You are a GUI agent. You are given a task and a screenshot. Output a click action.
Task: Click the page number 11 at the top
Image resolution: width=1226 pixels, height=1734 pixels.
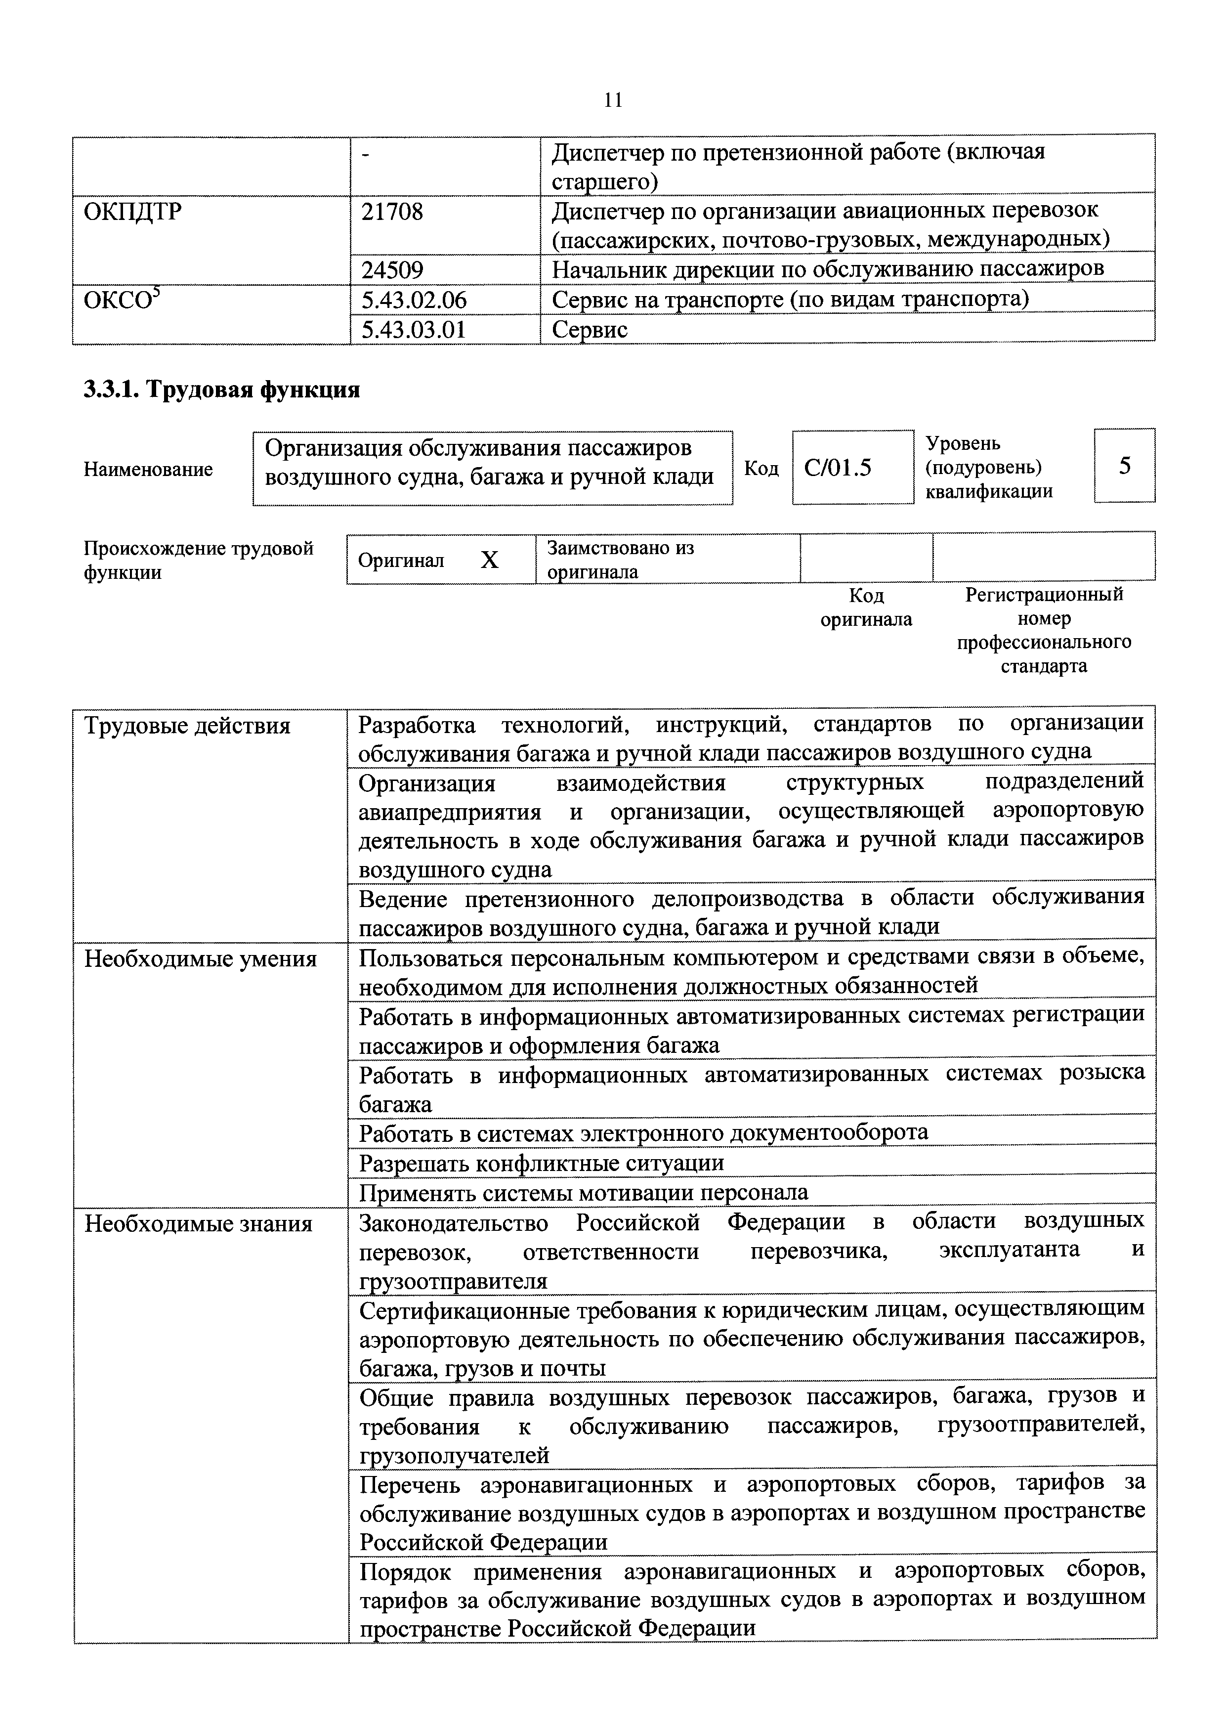613,100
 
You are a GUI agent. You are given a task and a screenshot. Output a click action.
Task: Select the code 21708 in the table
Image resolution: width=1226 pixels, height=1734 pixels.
392,212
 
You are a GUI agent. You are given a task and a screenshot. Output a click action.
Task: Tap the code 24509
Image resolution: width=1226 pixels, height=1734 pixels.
392,269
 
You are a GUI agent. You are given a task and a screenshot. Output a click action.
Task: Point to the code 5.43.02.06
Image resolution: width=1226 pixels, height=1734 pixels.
414,301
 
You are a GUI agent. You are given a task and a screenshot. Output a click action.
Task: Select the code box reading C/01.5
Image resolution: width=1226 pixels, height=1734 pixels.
838,468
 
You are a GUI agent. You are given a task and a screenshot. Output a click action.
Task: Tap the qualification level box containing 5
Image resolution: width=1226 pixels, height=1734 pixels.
1124,466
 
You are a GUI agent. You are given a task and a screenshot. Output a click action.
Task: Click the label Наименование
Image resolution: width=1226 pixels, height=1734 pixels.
148,470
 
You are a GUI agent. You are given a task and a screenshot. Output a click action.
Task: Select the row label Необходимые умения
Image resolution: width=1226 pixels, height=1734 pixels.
200,959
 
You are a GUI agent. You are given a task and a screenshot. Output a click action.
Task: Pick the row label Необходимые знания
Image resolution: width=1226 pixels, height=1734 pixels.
198,1223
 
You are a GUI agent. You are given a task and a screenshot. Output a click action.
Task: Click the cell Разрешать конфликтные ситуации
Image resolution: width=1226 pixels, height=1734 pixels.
541,1163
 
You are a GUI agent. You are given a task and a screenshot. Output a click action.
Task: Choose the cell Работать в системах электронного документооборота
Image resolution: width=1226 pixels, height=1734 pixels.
643,1133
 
